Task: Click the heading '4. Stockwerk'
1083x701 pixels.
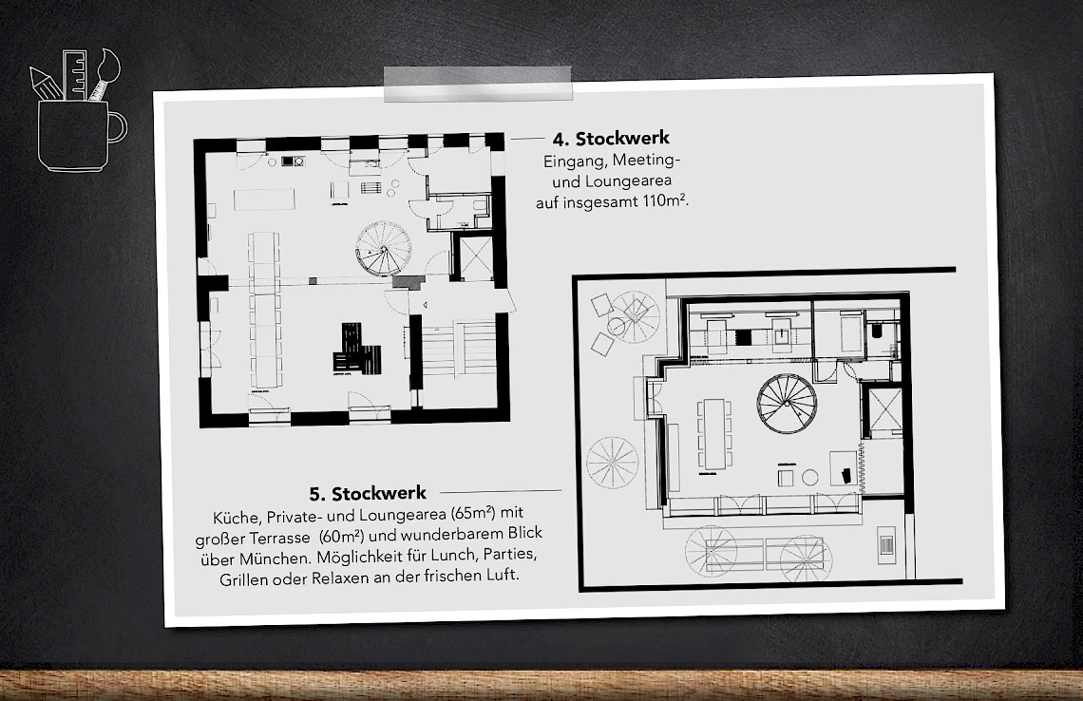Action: point(611,140)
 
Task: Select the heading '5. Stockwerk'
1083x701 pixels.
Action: point(368,493)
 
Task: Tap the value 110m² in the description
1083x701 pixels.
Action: point(662,201)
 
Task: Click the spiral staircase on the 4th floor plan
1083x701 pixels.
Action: point(382,247)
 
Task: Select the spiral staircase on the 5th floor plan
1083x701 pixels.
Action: point(787,403)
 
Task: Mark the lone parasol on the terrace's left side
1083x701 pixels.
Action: point(612,463)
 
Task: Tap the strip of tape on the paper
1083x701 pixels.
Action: point(477,84)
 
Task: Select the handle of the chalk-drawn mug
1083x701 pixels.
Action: point(117,126)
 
